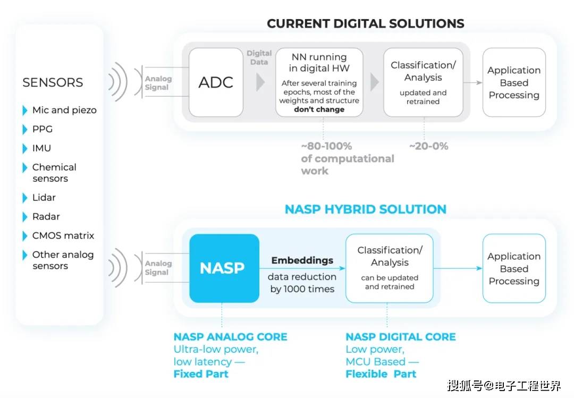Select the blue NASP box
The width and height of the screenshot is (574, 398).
(224, 268)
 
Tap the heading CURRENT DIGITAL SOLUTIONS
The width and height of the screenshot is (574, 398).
(365, 23)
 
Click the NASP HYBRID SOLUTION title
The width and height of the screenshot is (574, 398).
(365, 209)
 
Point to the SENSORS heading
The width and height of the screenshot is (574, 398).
(53, 82)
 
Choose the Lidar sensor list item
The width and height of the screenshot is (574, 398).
(44, 198)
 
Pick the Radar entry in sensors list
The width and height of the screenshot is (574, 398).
(46, 217)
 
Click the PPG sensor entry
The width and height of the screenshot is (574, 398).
(42, 129)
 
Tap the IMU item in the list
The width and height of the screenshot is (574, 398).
(41, 148)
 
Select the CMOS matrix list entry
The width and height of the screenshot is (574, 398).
(63, 236)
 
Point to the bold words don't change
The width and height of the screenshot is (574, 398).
(319, 109)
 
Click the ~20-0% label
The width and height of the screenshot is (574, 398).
(428, 146)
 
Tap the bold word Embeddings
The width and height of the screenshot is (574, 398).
(302, 260)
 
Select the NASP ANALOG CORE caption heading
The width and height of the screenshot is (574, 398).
(230, 337)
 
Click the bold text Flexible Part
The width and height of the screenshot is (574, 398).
(381, 374)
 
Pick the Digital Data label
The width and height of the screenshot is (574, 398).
(259, 57)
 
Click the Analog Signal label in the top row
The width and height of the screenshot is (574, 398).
(158, 83)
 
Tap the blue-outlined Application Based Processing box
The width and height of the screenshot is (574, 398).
(514, 268)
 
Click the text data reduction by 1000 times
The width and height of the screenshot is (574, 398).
(302, 283)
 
